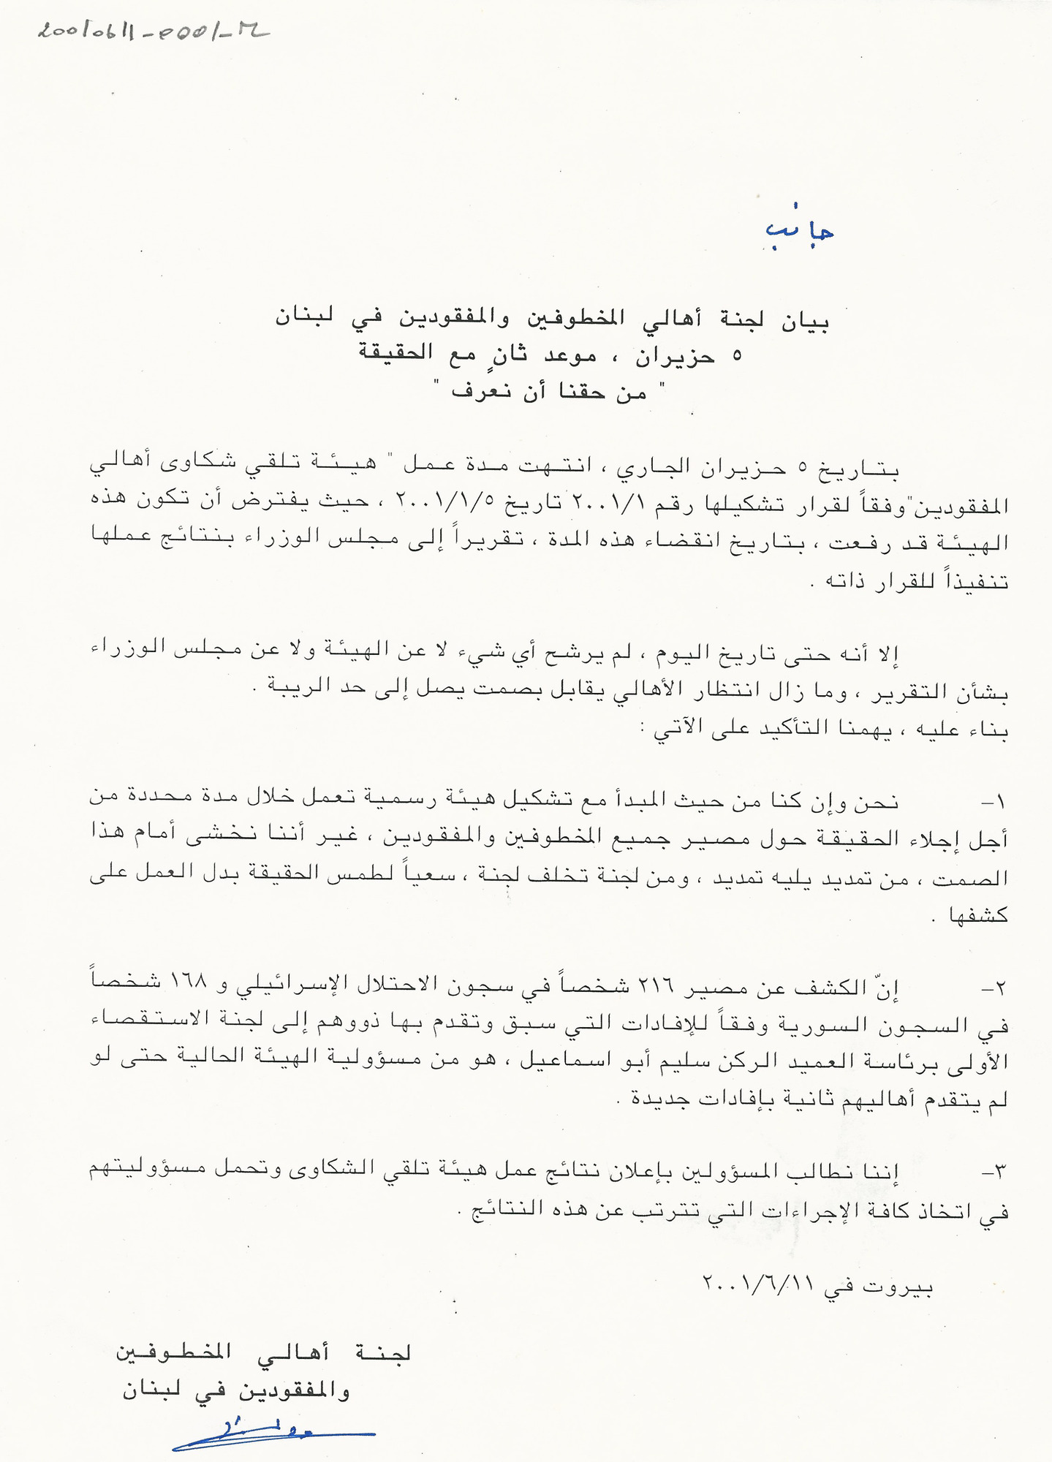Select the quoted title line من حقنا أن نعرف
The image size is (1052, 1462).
pyautogui.click(x=550, y=390)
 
